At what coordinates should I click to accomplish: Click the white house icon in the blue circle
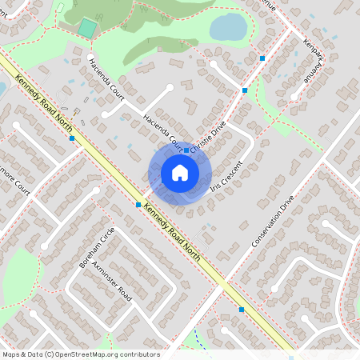tap(180, 173)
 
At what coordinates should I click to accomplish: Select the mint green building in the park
tap(86, 28)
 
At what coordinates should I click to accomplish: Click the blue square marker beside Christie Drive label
tap(186, 150)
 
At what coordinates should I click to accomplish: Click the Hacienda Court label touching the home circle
tap(163, 133)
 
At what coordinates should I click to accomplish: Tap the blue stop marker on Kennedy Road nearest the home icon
tap(138, 205)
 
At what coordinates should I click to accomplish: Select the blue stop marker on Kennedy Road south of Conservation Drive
tap(242, 309)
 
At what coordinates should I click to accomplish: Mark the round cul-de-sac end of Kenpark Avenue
tap(294, 97)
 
